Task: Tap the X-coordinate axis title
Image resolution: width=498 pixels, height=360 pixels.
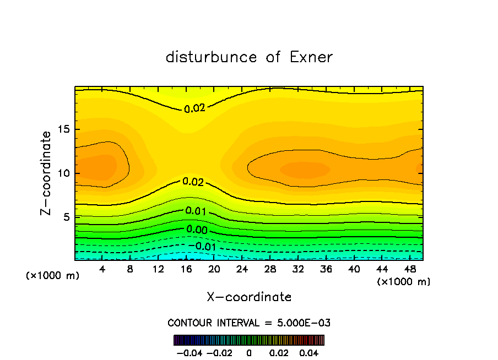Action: tap(249, 297)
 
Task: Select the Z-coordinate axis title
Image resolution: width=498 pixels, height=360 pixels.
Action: tap(47, 173)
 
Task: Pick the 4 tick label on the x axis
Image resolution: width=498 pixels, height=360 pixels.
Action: tap(102, 270)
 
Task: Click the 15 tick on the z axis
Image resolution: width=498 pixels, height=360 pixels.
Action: tap(63, 130)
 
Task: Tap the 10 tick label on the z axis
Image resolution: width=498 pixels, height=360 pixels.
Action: tap(63, 173)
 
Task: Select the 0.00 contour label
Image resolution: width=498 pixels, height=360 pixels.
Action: tap(197, 230)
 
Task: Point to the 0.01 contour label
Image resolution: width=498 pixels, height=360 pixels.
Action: tap(196, 211)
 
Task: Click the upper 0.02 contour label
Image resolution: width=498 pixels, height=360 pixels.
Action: tap(194, 108)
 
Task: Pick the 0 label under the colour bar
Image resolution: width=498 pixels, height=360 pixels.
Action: tap(249, 352)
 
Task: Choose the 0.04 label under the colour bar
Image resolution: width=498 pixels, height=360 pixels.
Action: tap(310, 352)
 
